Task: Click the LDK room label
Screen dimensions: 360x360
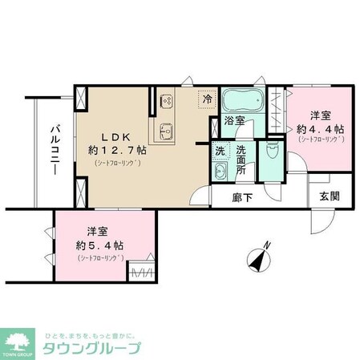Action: [x=114, y=135]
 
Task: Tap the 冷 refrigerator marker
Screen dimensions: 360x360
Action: [x=208, y=100]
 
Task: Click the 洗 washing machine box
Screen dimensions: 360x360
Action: [x=219, y=148]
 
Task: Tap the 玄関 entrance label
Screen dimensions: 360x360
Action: [x=328, y=196]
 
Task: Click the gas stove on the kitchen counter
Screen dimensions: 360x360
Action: [x=167, y=100]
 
